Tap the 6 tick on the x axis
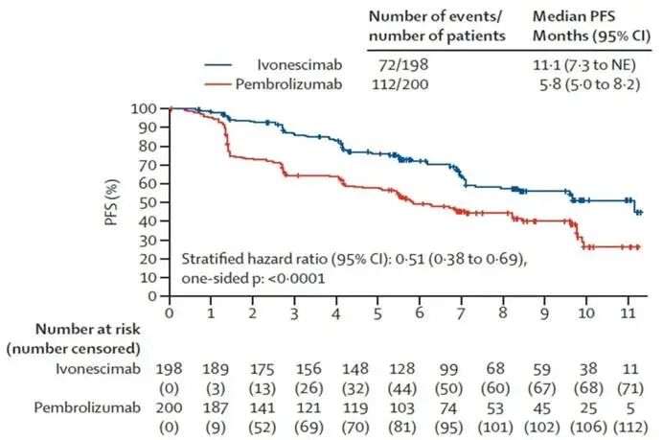[x=420, y=313]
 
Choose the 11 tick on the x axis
[x=629, y=313]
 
